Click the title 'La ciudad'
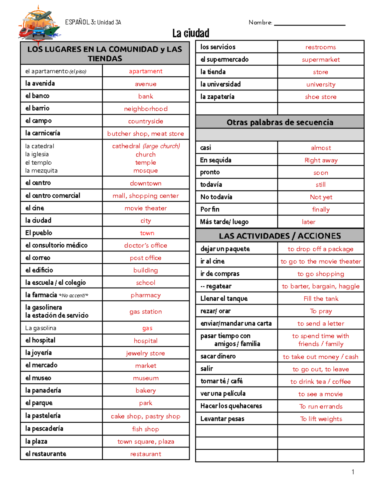191,33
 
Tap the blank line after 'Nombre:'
309,23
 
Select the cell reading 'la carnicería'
43,133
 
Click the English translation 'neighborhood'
146,109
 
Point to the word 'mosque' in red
145,171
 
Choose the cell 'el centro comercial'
53,195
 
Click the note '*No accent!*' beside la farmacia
74,295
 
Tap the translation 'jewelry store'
145,353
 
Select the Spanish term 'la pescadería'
44,429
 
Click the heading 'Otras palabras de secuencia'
280,122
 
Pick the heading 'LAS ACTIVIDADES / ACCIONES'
280,236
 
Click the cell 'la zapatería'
217,97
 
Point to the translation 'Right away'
321,160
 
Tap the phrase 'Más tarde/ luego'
224,222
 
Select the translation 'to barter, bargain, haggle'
321,286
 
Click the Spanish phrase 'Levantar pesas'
222,419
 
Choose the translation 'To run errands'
321,406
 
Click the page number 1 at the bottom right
353,472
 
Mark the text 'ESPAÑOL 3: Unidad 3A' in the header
93,22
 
